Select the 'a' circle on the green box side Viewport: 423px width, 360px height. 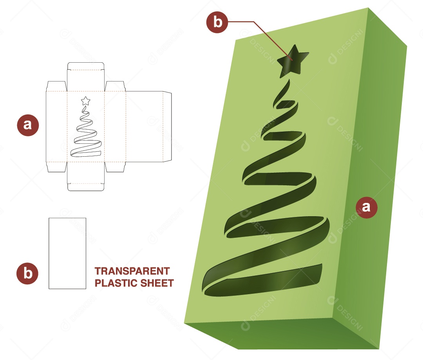[x=366, y=207]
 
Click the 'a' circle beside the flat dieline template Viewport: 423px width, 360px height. [x=28, y=125]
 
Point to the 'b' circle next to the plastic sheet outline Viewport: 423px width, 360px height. [x=27, y=273]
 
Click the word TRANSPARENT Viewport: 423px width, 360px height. [x=132, y=271]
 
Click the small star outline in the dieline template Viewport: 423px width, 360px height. [x=85, y=101]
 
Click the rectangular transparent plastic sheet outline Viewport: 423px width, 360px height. [x=67, y=253]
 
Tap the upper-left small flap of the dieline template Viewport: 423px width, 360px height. [x=56, y=86]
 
